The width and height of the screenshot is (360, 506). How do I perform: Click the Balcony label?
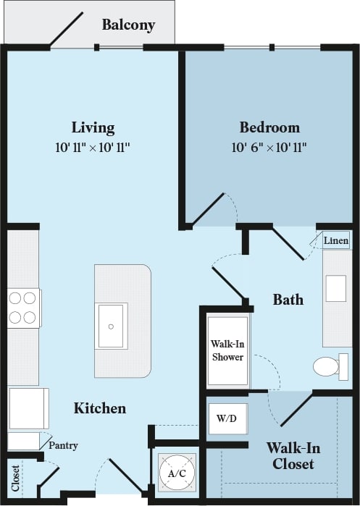[128, 25]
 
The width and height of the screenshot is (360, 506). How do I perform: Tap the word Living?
[93, 128]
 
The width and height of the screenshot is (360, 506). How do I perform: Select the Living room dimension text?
[93, 148]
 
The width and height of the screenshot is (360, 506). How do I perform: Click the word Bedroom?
[269, 128]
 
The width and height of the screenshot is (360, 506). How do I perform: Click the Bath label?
[288, 299]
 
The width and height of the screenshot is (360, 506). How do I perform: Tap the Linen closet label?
[336, 240]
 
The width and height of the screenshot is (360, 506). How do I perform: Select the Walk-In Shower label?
[227, 350]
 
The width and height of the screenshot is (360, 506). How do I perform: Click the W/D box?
[227, 418]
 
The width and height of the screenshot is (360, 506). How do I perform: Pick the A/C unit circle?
[177, 473]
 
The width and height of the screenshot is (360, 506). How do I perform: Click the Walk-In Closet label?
[293, 455]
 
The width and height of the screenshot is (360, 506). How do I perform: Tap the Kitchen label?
[100, 408]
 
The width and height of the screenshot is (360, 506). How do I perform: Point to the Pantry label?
[63, 445]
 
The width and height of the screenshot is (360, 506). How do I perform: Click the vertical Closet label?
[15, 478]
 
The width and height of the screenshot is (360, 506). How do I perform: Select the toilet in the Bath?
[330, 366]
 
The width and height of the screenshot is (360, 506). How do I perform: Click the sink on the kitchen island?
[112, 326]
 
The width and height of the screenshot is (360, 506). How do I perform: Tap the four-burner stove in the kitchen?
[23, 308]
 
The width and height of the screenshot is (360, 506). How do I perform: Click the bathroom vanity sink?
[336, 288]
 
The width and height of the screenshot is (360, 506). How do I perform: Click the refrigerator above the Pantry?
[28, 408]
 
